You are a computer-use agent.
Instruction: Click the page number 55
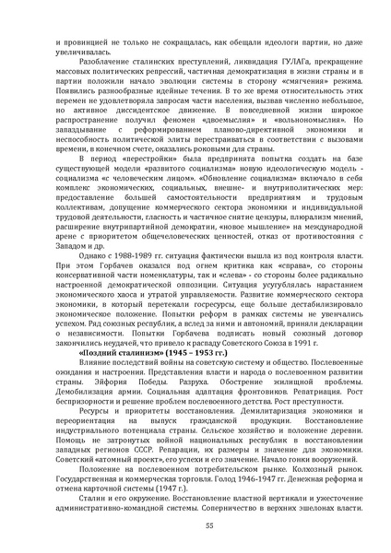point(195,522)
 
